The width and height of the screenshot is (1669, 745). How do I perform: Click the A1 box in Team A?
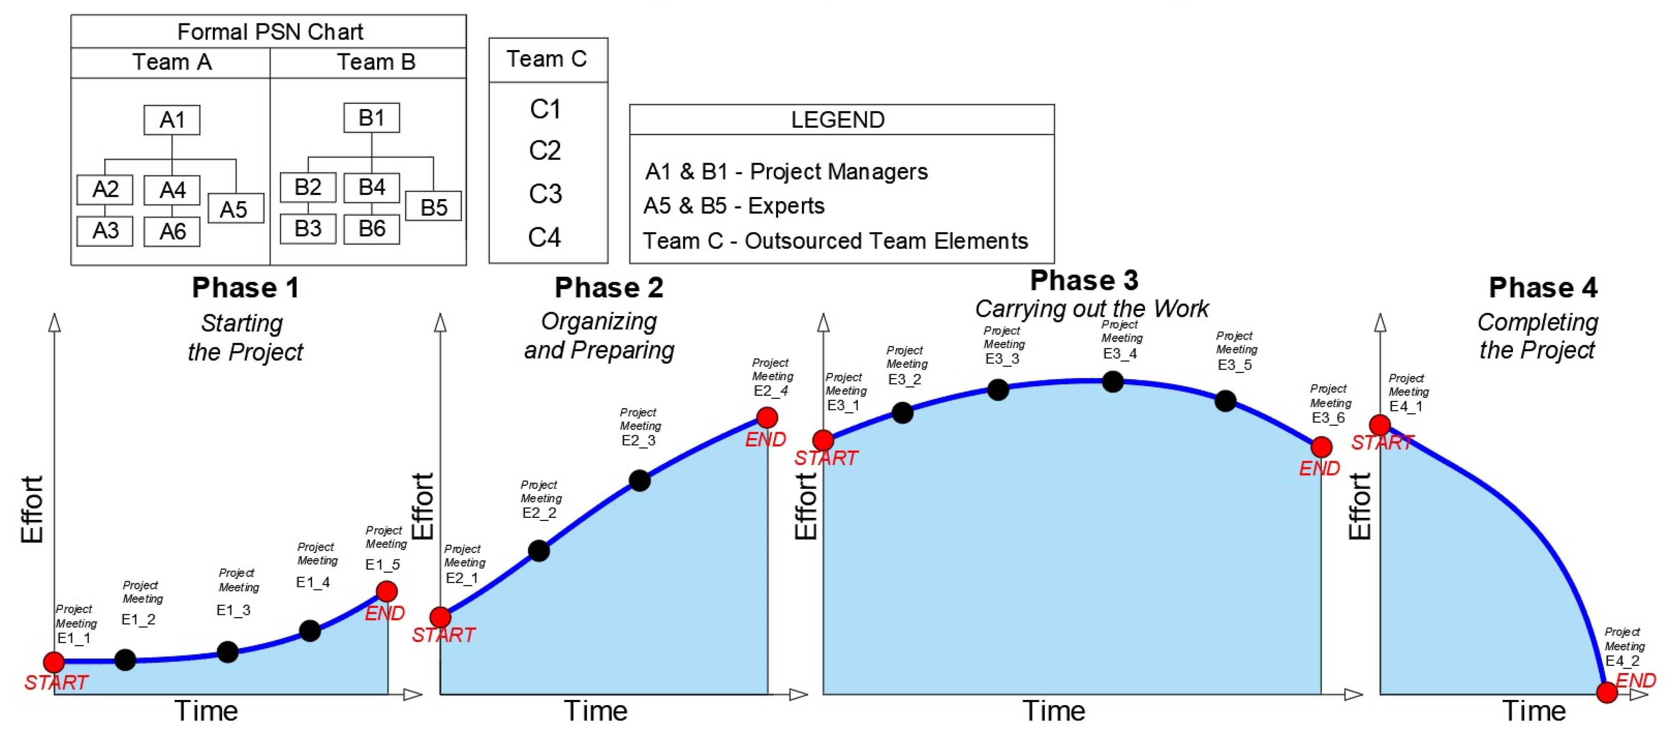172,120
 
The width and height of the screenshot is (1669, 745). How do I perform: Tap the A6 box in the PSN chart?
172,231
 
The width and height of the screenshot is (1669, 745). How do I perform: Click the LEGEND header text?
838,120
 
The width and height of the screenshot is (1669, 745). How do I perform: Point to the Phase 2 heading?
608,288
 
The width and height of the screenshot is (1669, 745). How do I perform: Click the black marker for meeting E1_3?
228,652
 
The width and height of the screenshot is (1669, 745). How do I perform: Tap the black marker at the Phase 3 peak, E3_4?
1112,382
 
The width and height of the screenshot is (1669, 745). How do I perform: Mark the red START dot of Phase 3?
823,440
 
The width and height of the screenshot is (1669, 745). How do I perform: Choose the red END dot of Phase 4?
1607,692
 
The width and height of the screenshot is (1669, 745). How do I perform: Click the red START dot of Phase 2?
440,617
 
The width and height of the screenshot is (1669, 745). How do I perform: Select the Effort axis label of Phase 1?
32,510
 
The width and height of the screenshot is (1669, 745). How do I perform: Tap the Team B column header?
376,62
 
